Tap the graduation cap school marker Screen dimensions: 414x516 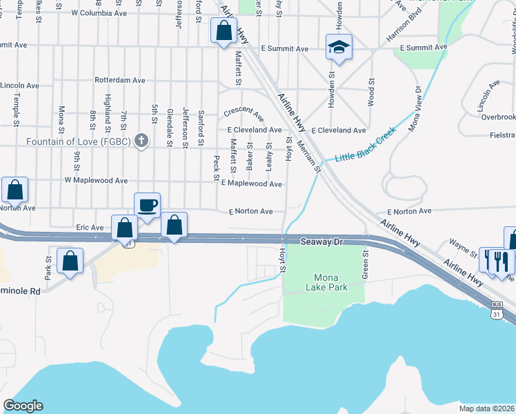click(x=339, y=47)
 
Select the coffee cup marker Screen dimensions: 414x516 click(x=148, y=206)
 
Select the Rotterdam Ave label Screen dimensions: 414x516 click(x=120, y=80)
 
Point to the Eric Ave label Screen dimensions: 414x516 click(x=90, y=227)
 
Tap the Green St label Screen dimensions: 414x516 click(x=366, y=265)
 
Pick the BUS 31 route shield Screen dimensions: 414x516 click(x=497, y=308)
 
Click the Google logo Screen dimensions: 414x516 click(x=23, y=406)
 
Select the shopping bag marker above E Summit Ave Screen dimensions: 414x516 click(x=223, y=31)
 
